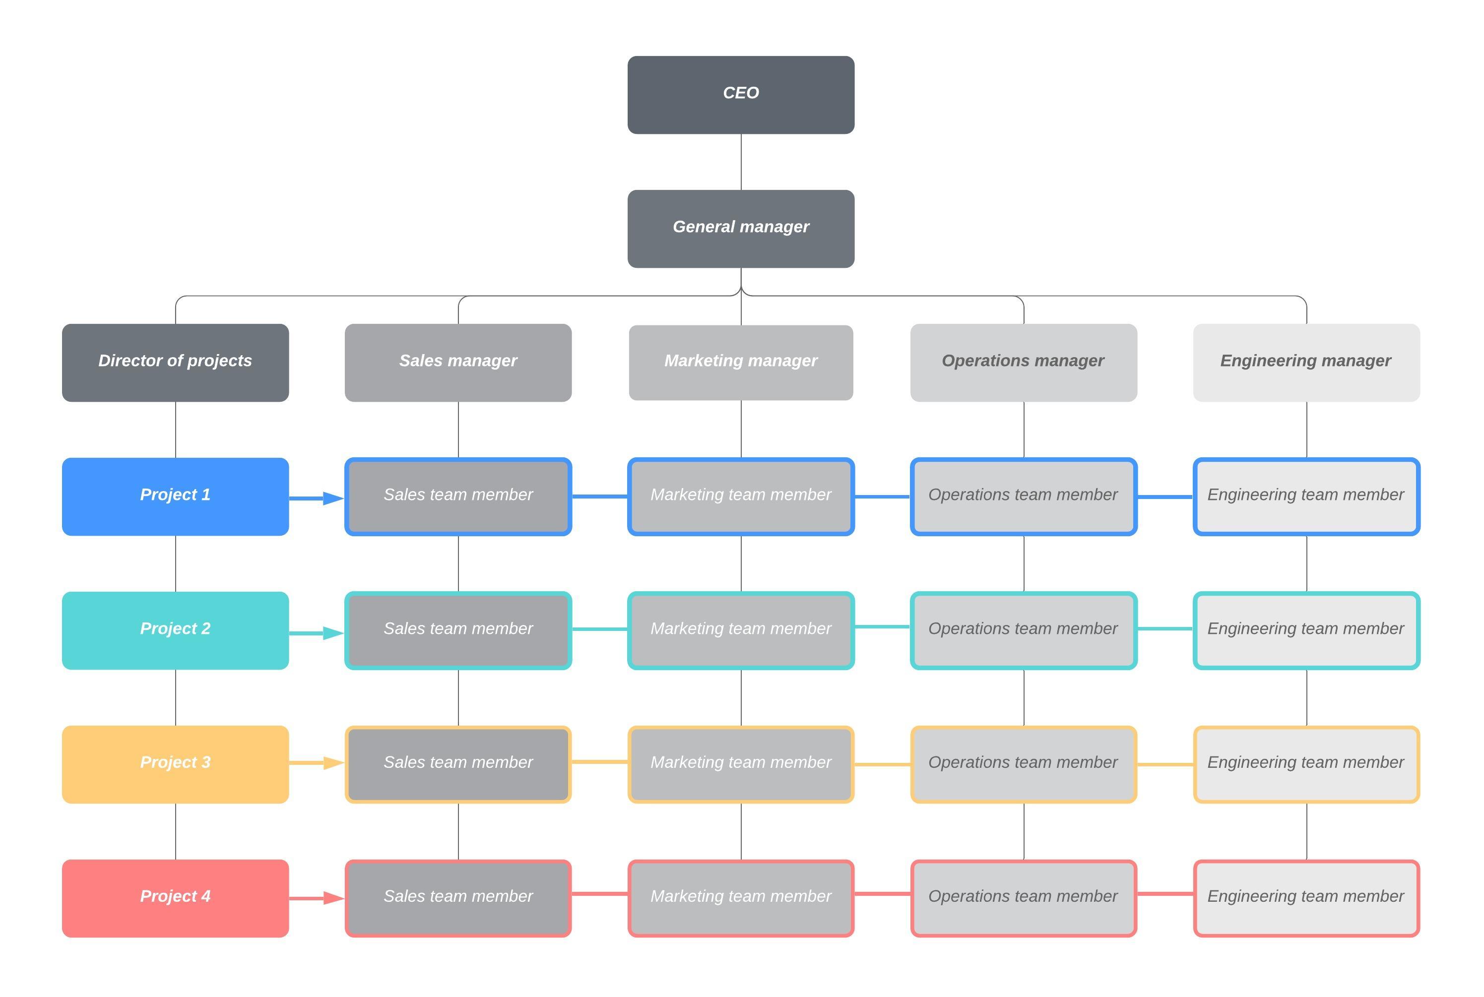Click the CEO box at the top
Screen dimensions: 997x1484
(741, 95)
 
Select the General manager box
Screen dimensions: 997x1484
(741, 228)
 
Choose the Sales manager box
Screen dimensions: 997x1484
(458, 363)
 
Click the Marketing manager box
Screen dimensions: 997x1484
(741, 363)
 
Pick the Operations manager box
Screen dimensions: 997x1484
(1023, 363)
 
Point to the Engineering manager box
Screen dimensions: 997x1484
(1306, 363)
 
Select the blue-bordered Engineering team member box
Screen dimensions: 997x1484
(1306, 497)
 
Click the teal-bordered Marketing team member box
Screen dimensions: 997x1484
(741, 630)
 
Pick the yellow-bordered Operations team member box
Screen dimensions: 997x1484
(1023, 764)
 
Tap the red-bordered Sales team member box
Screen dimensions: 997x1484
(458, 898)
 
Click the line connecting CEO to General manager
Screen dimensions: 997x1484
(741, 162)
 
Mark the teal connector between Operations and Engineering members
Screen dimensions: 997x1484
(1165, 628)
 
